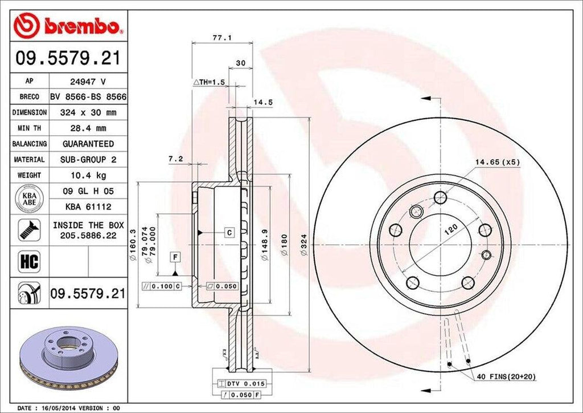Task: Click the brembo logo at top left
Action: tap(68, 26)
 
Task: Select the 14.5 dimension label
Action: tap(260, 103)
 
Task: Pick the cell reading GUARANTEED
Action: tap(88, 144)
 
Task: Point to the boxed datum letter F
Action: tap(175, 257)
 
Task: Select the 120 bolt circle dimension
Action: tap(451, 230)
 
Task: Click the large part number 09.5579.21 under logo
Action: tap(68, 58)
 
